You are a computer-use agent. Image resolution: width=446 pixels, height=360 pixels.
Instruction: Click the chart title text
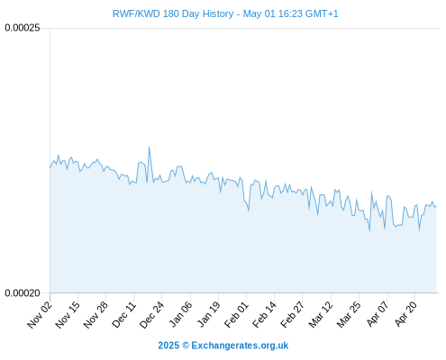225,13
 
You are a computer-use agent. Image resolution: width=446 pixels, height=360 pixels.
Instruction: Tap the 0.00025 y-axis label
23,28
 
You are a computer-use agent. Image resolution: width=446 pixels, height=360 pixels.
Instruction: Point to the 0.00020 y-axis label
23,293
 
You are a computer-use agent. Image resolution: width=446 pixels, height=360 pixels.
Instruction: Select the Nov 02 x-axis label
40,315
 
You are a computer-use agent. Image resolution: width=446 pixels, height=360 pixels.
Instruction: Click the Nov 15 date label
68,315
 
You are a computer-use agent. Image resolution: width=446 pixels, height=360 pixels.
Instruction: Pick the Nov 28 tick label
96,315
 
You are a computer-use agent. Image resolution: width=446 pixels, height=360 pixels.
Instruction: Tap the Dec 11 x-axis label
123,315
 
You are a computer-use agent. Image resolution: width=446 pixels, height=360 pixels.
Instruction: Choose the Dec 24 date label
151,315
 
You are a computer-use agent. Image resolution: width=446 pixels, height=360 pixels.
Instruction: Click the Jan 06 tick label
180,315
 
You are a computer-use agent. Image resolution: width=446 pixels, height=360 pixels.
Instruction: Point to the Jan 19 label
208,315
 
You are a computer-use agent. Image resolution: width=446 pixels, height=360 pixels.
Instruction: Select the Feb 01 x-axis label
236,315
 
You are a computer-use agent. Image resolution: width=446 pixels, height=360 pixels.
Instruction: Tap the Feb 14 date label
264,315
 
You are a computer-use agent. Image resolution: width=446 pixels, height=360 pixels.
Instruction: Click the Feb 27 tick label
292,315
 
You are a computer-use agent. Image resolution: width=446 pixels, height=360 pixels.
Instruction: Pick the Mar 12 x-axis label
321,315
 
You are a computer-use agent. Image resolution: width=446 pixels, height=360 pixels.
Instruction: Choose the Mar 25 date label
349,315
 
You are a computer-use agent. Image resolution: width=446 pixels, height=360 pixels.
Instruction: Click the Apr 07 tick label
378,315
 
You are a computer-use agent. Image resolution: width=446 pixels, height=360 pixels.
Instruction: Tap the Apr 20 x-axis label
405,315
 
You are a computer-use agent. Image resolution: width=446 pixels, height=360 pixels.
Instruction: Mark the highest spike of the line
149,147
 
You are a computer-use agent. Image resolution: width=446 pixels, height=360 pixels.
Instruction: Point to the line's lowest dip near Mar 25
369,231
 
